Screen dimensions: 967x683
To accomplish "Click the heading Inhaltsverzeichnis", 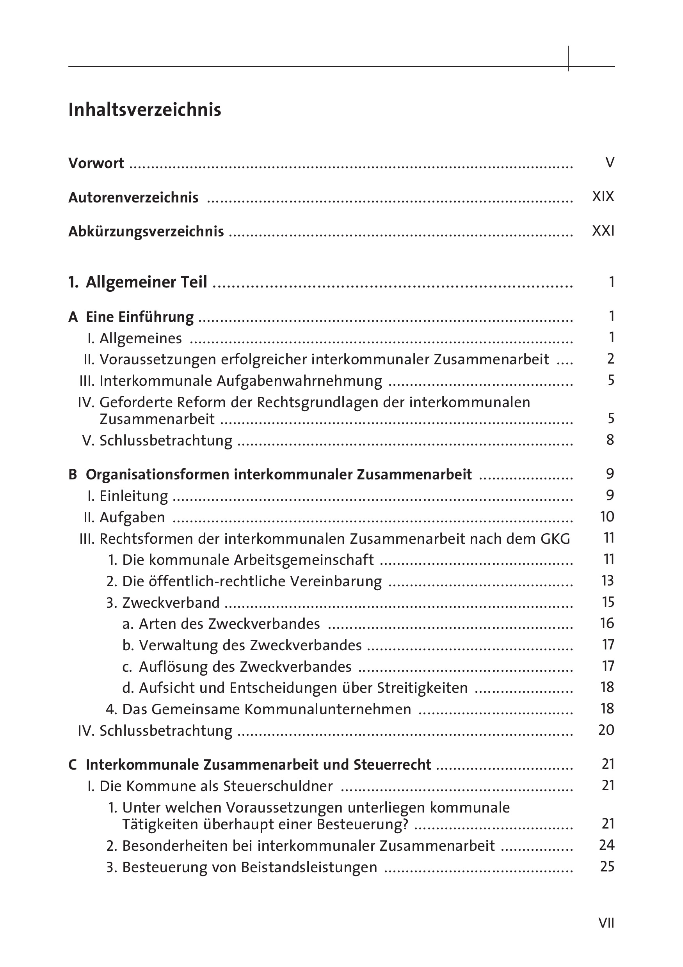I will coord(144,110).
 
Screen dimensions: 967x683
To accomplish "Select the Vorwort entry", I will coord(96,163).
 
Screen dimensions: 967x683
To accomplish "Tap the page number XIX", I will coord(603,197).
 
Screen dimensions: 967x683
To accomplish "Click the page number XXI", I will coord(603,231).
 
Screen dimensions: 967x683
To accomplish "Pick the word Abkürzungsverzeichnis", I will coord(146,232).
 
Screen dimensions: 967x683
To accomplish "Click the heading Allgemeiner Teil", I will coord(146,282).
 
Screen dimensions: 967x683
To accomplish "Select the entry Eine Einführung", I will coord(139,317).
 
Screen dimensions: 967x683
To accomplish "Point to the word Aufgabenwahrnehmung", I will coord(300,381).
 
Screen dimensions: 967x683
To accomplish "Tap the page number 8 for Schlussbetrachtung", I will coord(610,440).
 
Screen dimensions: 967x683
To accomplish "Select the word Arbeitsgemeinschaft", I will coord(303,560).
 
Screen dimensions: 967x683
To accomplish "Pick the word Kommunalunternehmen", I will coord(328,709).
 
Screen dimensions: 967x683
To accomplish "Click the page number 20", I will coord(607,730).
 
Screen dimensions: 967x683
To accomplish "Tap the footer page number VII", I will coord(607,923).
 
